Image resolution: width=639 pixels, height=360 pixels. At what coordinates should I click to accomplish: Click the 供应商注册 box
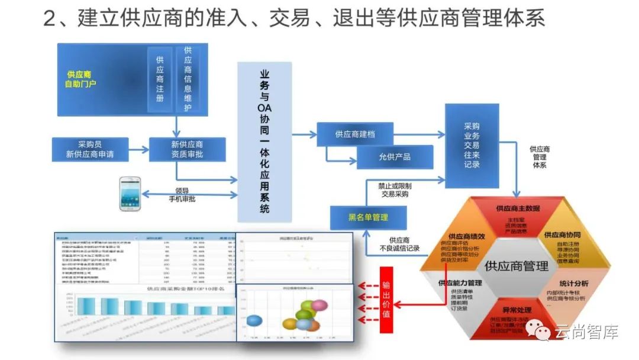(160, 79)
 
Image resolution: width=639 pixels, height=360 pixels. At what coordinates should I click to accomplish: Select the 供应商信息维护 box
(188, 79)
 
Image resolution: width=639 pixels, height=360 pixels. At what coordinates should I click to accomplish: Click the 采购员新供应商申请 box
(90, 149)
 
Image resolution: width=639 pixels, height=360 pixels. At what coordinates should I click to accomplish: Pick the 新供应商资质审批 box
(187, 149)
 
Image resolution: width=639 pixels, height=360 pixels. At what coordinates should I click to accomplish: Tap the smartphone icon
(130, 194)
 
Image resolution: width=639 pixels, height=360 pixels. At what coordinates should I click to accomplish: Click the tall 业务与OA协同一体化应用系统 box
(264, 142)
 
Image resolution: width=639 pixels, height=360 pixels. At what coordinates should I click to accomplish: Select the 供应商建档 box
(355, 134)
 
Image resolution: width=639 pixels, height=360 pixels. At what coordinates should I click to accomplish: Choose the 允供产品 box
(395, 157)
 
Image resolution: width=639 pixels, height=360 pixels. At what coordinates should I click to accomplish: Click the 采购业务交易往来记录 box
(472, 145)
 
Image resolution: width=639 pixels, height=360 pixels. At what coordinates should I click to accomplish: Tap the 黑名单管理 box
(368, 217)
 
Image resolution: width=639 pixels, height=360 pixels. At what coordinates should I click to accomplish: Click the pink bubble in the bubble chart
(319, 305)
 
